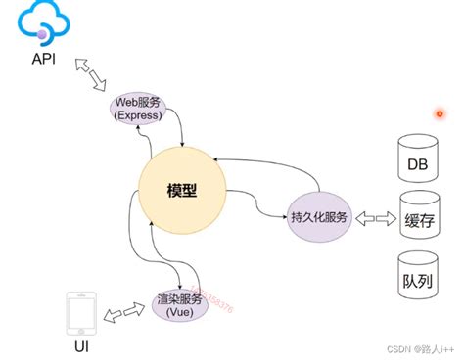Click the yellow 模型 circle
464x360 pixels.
182,192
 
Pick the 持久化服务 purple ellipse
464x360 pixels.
319,215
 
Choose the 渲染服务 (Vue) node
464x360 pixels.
179,302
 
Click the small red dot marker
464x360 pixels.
440,114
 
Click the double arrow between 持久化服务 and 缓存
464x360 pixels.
375,215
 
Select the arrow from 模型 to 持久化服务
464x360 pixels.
259,206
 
